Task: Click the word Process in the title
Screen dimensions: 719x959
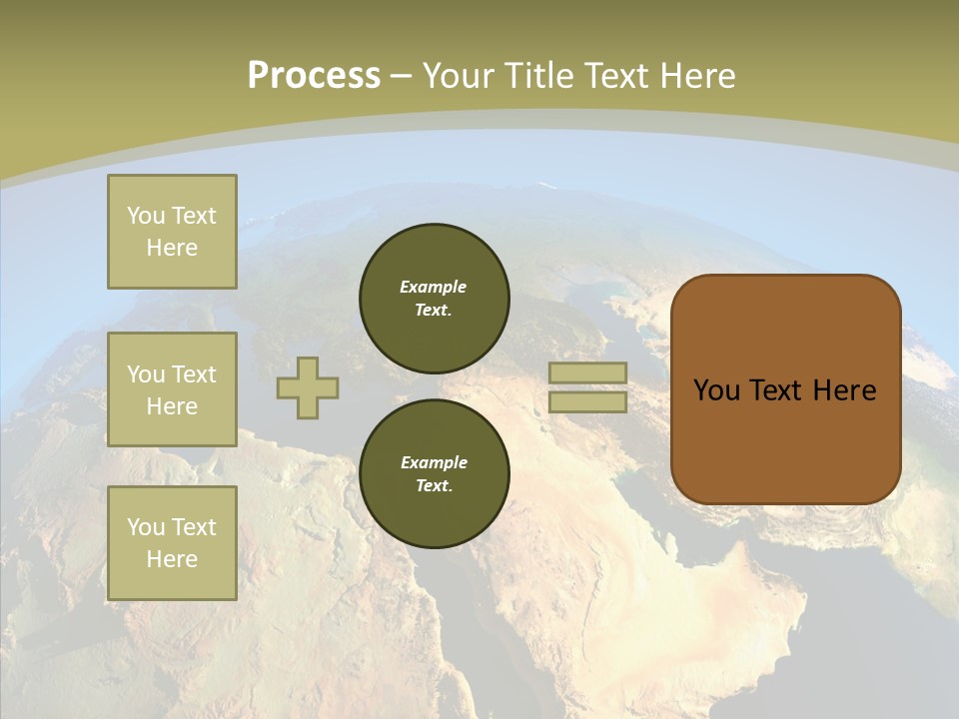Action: tap(314, 76)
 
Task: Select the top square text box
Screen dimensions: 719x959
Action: tap(172, 232)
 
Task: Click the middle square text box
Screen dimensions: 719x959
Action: tap(172, 389)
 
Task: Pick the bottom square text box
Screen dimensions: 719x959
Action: tap(172, 543)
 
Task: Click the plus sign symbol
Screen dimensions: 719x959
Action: tap(308, 387)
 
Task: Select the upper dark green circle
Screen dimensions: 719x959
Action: tap(434, 299)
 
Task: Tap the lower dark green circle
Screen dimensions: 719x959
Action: tap(434, 474)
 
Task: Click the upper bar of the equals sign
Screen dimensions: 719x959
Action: tap(588, 372)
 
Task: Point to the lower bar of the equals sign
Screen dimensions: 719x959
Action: tap(588, 402)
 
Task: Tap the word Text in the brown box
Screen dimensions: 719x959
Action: tap(784, 390)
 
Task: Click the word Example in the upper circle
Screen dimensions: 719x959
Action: tap(433, 287)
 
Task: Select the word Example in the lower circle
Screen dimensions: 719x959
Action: tap(434, 462)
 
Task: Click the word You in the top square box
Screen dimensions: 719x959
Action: tap(146, 216)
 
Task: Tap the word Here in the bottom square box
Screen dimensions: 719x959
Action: tap(172, 559)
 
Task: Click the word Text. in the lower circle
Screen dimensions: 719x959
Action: tap(434, 486)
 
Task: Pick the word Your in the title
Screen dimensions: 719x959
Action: tap(459, 76)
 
